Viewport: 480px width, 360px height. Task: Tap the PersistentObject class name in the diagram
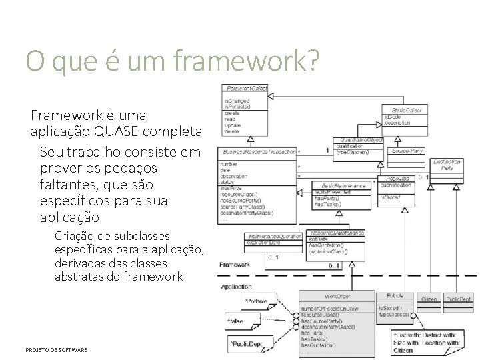tap(246, 88)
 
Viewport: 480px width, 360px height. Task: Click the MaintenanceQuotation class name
tap(273, 236)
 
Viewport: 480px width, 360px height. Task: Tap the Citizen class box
tap(429, 299)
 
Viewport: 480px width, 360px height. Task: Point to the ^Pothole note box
tap(255, 301)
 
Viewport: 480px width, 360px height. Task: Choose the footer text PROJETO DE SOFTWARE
tap(56, 349)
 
